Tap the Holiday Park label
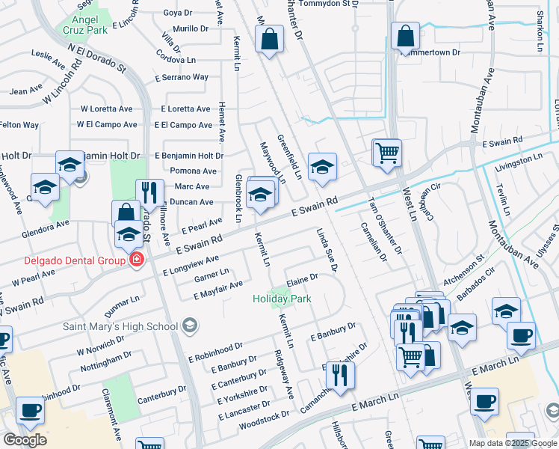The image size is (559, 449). coord(281,299)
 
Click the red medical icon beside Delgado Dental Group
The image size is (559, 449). coord(136,260)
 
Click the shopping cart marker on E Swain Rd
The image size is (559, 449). coord(387,152)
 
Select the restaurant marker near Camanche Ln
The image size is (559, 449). coord(341,374)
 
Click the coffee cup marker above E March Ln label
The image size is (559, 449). coord(484,400)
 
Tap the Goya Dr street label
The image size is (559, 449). coord(178,13)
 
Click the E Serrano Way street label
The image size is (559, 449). coord(181,77)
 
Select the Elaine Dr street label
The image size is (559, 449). coord(303,278)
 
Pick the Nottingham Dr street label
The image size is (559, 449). coord(106,360)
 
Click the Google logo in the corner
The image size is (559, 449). coord(25,439)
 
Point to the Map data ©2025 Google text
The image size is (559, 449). coord(512,443)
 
